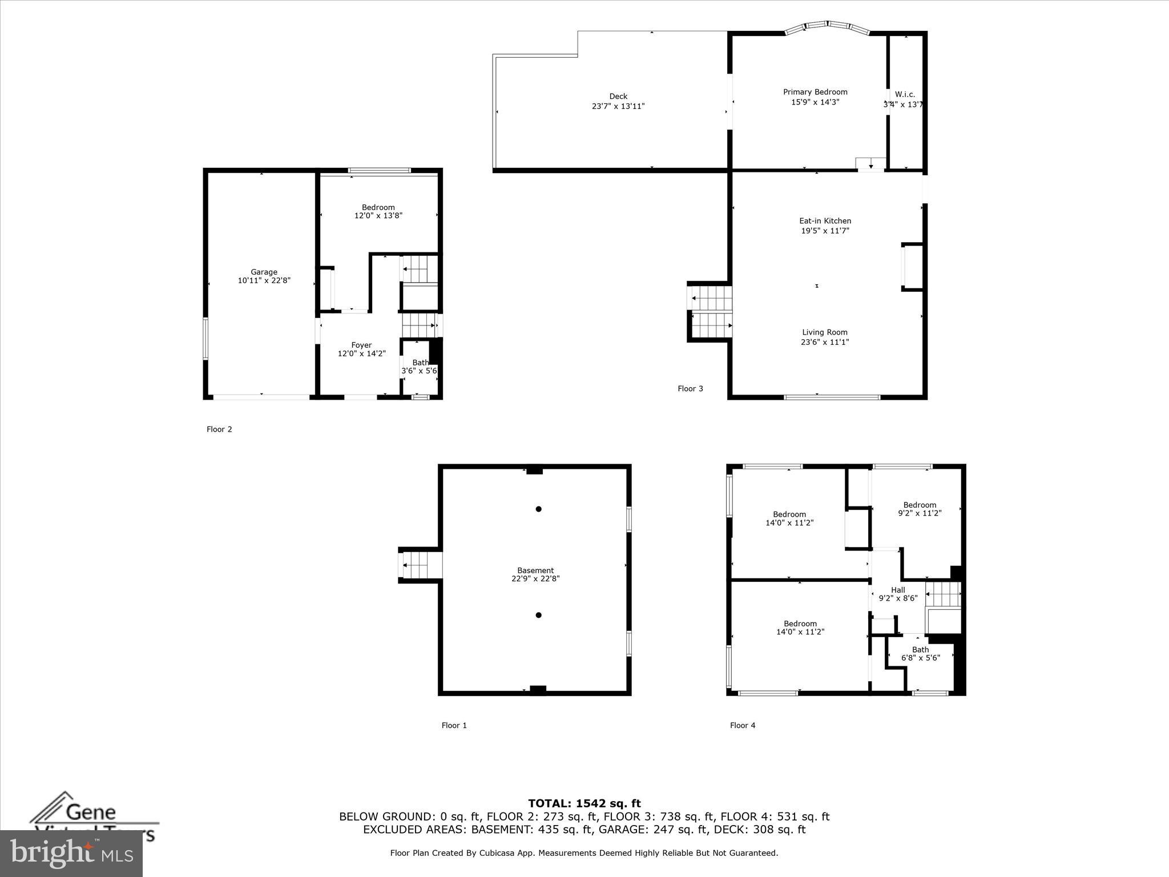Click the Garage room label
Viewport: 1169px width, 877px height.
click(264, 272)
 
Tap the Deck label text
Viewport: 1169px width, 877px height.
click(618, 96)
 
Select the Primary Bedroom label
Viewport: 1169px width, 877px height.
click(815, 92)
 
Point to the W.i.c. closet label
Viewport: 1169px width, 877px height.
click(905, 94)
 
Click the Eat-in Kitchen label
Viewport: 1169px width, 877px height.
click(825, 221)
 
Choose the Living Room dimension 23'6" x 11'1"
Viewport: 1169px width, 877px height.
click(825, 342)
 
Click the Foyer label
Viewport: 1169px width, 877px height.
click(361, 345)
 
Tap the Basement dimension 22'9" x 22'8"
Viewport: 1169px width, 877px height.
click(535, 578)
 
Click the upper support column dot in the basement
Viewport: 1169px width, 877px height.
click(538, 509)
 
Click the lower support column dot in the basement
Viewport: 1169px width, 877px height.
click(538, 615)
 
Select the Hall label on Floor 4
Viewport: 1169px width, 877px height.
click(898, 590)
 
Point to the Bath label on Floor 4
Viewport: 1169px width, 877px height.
click(920, 649)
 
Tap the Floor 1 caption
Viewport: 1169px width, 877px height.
click(454, 725)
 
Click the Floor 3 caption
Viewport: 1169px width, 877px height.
click(690, 389)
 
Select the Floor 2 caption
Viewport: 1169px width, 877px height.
click(219, 429)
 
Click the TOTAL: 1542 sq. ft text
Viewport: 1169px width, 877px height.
click(584, 804)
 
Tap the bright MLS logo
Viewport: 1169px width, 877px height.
click(71, 853)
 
